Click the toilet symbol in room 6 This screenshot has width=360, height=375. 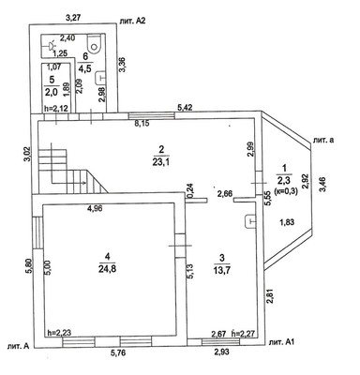click(94, 43)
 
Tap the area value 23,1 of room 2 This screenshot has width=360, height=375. click(161, 163)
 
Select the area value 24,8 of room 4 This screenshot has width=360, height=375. click(108, 269)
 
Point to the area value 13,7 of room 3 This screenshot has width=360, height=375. click(222, 270)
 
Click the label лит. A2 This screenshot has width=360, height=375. click(132, 21)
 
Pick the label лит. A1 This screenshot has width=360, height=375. click(281, 342)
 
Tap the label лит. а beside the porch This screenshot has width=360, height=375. click(323, 140)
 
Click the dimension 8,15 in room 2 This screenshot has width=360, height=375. click(142, 123)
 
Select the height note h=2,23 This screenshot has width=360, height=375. click(59, 333)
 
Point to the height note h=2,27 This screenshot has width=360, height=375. click(245, 334)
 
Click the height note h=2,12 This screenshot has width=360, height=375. click(56, 109)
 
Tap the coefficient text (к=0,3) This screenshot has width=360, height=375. click(286, 190)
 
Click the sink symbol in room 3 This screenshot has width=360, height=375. click(249, 221)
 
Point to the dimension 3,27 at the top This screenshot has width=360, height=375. click(74, 18)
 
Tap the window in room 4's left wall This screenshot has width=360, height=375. click(37, 232)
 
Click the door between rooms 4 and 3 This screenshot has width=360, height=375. click(180, 246)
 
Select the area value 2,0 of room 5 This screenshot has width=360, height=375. click(52, 92)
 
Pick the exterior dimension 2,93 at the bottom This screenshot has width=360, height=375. click(221, 352)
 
